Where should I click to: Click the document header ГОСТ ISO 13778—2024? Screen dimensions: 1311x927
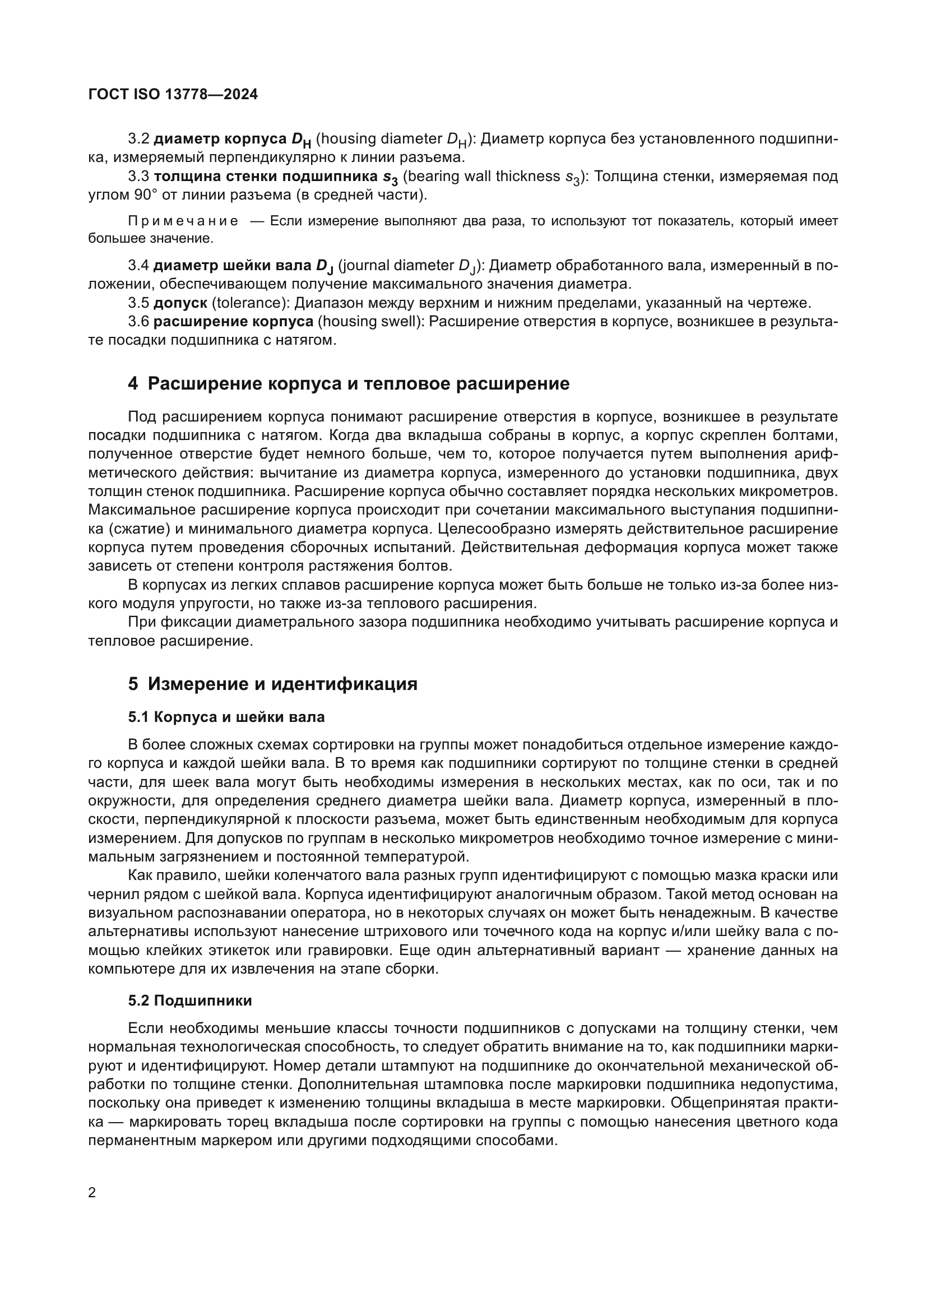(x=173, y=94)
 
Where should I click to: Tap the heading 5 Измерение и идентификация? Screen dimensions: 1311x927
(x=272, y=684)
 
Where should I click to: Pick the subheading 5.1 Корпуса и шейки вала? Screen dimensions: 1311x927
(x=226, y=717)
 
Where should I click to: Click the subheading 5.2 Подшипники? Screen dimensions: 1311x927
(x=189, y=1001)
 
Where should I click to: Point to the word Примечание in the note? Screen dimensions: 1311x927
(x=183, y=221)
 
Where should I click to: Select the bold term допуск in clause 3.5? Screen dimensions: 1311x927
(x=180, y=303)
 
